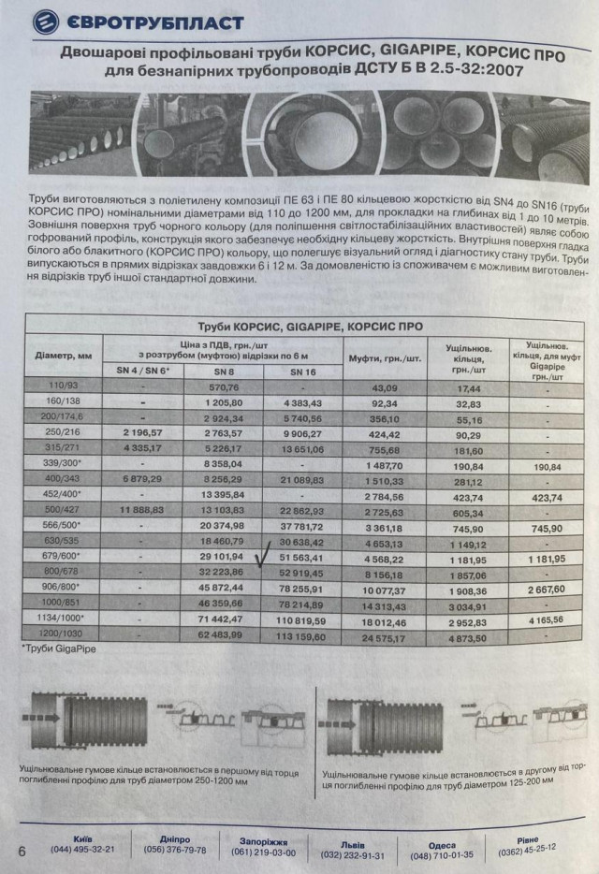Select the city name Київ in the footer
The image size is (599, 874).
(x=80, y=838)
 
